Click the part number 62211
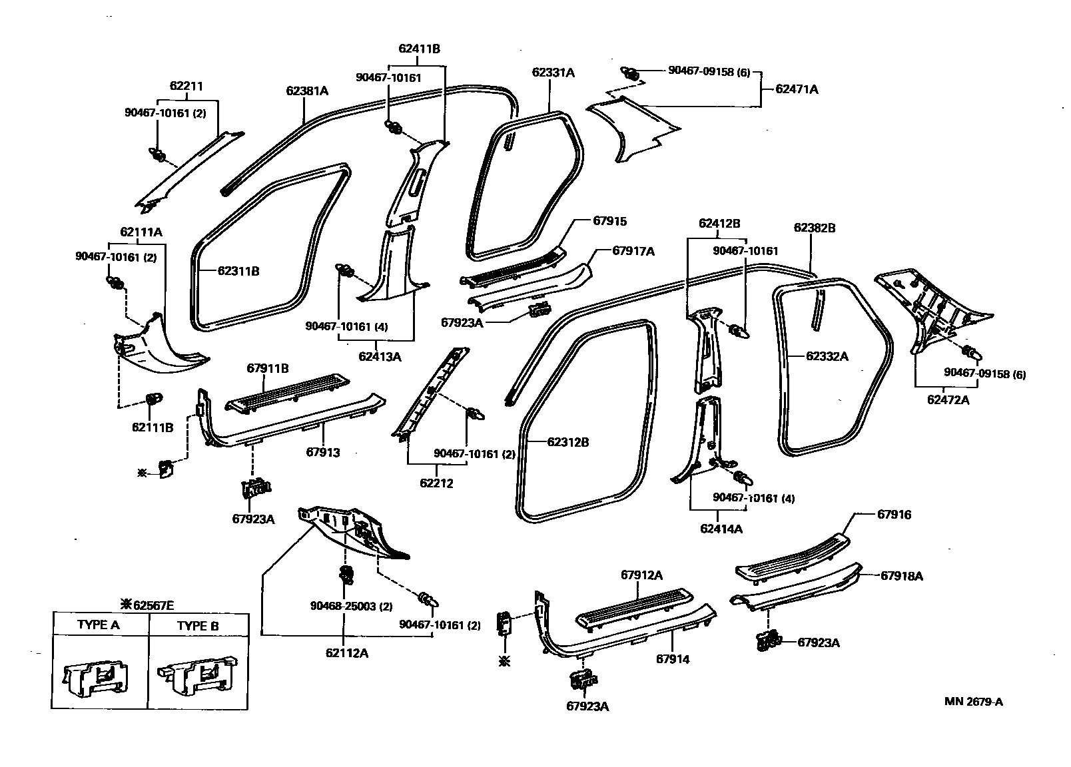(x=186, y=86)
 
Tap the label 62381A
(x=307, y=91)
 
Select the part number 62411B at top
(x=419, y=49)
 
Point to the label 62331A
(x=553, y=73)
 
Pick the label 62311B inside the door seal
(x=238, y=271)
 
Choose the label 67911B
(x=267, y=368)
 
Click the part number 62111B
(x=152, y=427)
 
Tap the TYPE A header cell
(x=99, y=625)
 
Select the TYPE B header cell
(x=198, y=625)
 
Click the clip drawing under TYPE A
(x=99, y=677)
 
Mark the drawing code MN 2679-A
(x=973, y=701)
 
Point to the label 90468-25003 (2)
(x=351, y=606)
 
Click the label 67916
(x=894, y=515)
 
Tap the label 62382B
(x=814, y=228)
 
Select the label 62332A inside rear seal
(x=827, y=356)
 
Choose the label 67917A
(x=633, y=251)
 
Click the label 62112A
(x=347, y=652)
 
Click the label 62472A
(x=948, y=400)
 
